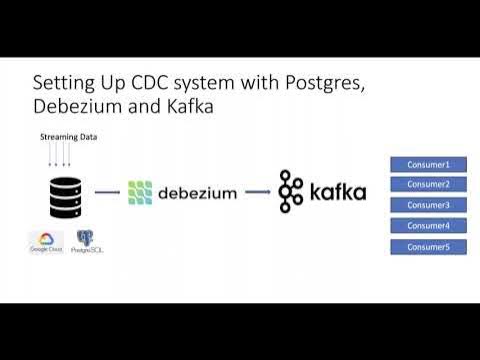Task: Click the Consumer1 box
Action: pyautogui.click(x=427, y=164)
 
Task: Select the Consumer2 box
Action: pyautogui.click(x=427, y=184)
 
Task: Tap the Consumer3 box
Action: pyautogui.click(x=427, y=205)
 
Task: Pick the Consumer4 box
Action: pyautogui.click(x=427, y=226)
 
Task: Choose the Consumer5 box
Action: pyautogui.click(x=427, y=247)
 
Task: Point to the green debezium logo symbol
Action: pyautogui.click(x=141, y=192)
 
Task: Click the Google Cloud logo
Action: pyautogui.click(x=45, y=243)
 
